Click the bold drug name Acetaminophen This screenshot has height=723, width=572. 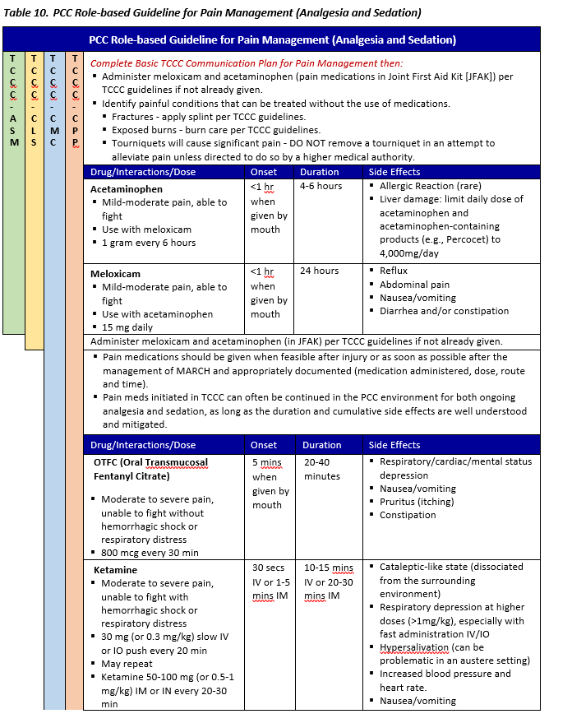[x=126, y=189]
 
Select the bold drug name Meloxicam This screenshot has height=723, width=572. [x=116, y=272]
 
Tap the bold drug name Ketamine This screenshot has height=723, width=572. [x=115, y=569]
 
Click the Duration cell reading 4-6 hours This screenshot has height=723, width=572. [x=320, y=187]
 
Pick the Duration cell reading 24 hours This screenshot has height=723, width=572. [x=321, y=271]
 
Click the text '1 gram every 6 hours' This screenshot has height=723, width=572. [x=149, y=243]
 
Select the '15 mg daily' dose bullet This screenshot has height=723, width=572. [x=127, y=327]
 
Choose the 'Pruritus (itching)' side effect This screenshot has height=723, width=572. [x=419, y=502]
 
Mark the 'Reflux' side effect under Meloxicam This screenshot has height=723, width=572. [x=394, y=271]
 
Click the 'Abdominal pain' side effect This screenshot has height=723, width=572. [x=415, y=285]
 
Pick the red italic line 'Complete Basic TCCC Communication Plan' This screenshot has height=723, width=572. [x=247, y=63]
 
